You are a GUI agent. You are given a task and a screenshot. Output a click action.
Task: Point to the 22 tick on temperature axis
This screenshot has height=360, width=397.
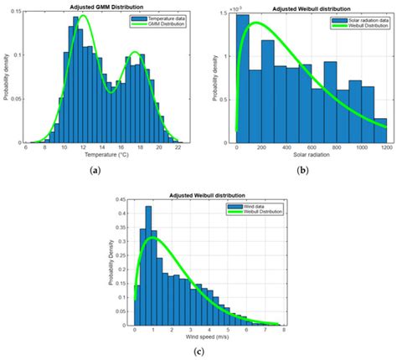click(x=178, y=148)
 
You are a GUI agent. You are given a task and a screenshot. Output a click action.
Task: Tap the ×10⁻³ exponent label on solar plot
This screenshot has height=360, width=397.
click(x=236, y=8)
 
